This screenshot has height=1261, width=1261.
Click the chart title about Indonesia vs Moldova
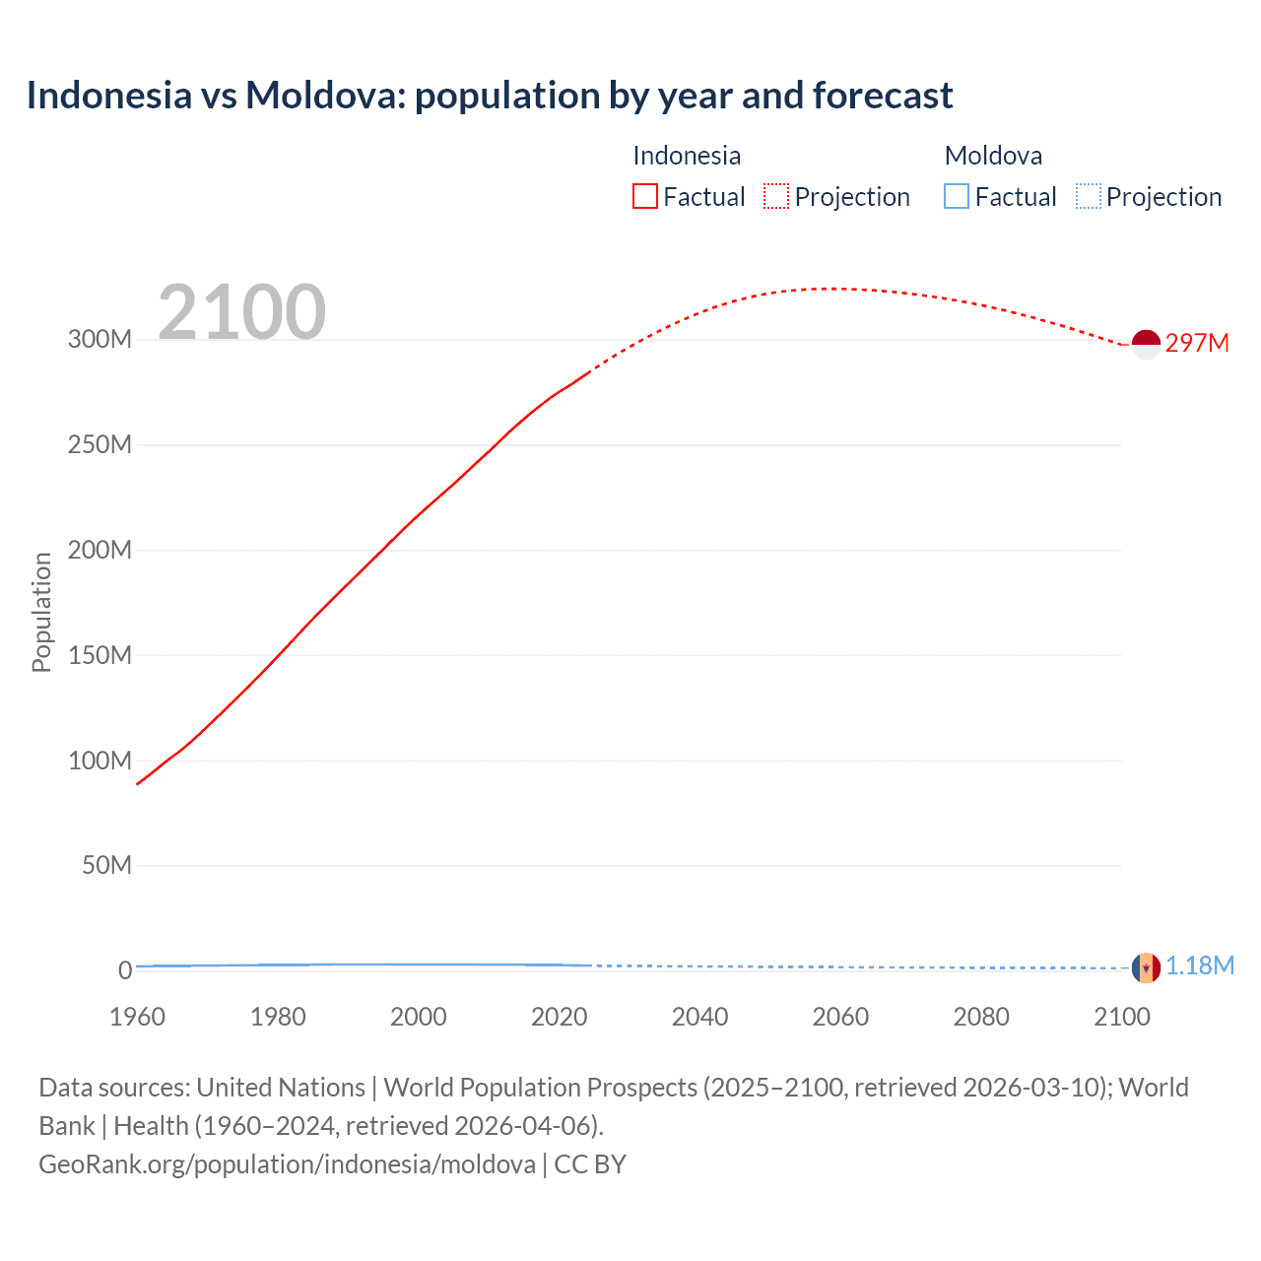click(x=490, y=96)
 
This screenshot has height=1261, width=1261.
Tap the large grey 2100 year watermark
click(x=241, y=311)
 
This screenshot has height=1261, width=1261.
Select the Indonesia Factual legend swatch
click(x=645, y=197)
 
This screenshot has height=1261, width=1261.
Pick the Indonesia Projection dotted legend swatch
click(x=776, y=197)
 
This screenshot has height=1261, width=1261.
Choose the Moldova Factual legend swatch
click(x=957, y=197)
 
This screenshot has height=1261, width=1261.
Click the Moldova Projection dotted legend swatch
click(x=1088, y=197)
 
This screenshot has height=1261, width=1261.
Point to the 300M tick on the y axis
click(x=100, y=340)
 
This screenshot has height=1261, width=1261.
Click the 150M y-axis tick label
click(x=100, y=656)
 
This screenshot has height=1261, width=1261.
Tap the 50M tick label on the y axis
click(x=106, y=866)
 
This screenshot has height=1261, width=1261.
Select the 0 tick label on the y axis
click(x=125, y=971)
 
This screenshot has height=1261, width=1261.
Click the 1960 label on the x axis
click(x=137, y=1017)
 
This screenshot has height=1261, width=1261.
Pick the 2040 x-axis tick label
click(x=699, y=1017)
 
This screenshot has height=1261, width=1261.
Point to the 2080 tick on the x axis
click(x=981, y=1017)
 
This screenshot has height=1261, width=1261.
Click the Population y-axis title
click(x=41, y=612)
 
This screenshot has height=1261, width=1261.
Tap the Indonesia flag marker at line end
click(x=1146, y=345)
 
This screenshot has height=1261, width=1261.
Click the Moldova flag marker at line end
click(x=1146, y=967)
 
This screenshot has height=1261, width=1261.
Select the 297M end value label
click(x=1197, y=343)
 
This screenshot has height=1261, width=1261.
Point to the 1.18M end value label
click(x=1200, y=965)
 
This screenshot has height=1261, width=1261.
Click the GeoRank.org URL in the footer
click(x=287, y=1164)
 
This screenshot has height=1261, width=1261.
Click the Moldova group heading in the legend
click(x=993, y=156)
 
